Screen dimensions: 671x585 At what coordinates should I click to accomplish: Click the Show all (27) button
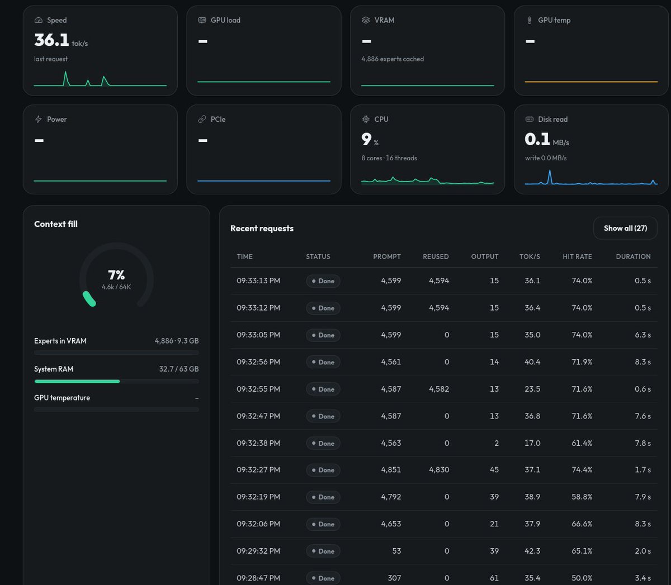(x=625, y=228)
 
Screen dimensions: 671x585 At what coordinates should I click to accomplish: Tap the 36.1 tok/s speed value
(x=61, y=40)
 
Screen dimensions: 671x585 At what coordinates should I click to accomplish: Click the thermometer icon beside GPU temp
(x=530, y=20)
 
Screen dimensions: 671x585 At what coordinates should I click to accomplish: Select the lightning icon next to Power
(x=39, y=120)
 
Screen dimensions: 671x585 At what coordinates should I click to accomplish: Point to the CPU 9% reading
(x=370, y=139)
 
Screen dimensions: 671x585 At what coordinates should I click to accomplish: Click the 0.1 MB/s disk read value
(x=547, y=139)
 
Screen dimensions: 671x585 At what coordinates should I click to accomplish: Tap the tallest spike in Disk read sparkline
(x=550, y=171)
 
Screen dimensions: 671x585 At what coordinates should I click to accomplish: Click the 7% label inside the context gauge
(x=116, y=275)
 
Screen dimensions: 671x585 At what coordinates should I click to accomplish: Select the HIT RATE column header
(x=577, y=256)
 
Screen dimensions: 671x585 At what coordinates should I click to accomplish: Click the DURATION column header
(x=633, y=256)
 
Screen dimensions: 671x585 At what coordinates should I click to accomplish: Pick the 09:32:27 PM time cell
(x=258, y=470)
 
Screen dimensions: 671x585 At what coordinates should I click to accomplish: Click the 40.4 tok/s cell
(x=532, y=362)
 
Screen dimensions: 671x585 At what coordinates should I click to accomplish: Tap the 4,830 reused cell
(x=439, y=470)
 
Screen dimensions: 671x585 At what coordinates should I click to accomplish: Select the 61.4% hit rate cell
(x=582, y=443)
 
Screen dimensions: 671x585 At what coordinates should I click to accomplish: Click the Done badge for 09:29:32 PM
(x=323, y=551)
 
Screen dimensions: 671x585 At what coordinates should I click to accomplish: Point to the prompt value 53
(x=396, y=551)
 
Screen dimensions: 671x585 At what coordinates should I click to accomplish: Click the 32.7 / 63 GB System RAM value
(x=179, y=369)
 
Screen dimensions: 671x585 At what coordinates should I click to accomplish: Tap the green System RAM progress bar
(x=77, y=381)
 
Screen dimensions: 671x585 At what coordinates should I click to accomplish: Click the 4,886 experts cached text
(x=393, y=59)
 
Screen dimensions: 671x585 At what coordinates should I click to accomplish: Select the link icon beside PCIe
(x=202, y=120)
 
